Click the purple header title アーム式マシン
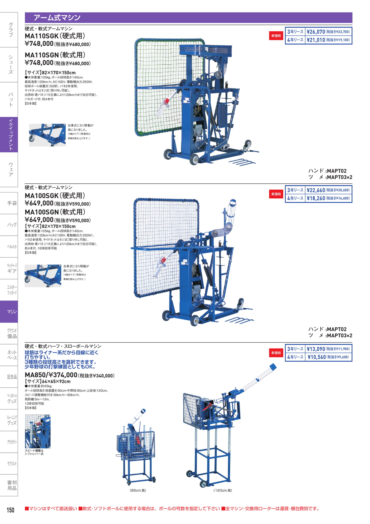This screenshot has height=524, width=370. point(57,18)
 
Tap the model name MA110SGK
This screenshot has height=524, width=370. point(42,36)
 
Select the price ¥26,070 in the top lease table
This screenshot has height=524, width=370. point(316,32)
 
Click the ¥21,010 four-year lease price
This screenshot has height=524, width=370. point(316,40)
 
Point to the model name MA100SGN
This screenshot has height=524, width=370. point(42,212)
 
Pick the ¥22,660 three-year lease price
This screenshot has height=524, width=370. point(316,190)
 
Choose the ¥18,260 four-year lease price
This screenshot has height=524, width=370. point(316,198)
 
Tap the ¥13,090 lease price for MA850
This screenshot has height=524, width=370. point(316,349)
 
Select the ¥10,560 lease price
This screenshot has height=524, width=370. point(317,357)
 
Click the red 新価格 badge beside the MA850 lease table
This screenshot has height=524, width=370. point(276,353)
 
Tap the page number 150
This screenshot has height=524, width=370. point(10,510)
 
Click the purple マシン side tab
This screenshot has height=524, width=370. point(9,312)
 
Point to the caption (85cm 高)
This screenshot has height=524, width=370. point(138,490)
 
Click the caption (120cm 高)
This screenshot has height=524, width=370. point(223,490)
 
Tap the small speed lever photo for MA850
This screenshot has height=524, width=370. point(38,431)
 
